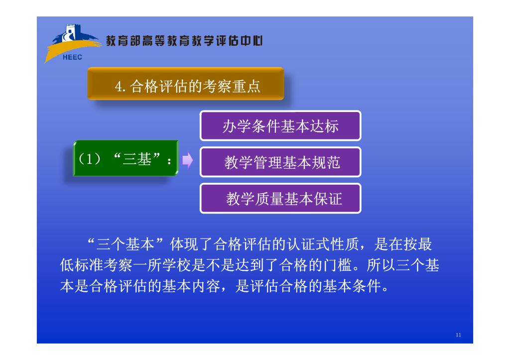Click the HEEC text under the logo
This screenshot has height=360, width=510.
72,57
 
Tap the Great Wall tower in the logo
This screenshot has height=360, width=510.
70,32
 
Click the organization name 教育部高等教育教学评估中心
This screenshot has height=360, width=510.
184,41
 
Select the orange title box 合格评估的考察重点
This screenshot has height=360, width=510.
186,84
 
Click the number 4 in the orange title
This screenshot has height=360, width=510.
119,87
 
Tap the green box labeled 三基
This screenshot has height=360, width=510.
126,158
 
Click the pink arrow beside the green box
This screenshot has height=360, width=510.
187,160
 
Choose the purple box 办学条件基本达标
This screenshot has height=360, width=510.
280,125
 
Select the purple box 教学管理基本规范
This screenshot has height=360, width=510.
280,162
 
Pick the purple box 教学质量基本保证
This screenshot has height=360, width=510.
280,198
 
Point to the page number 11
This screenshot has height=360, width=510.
458,335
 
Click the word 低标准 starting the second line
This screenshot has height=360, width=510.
82,265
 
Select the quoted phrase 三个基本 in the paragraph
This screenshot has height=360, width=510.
125,244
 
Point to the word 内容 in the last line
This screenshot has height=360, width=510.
206,286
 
